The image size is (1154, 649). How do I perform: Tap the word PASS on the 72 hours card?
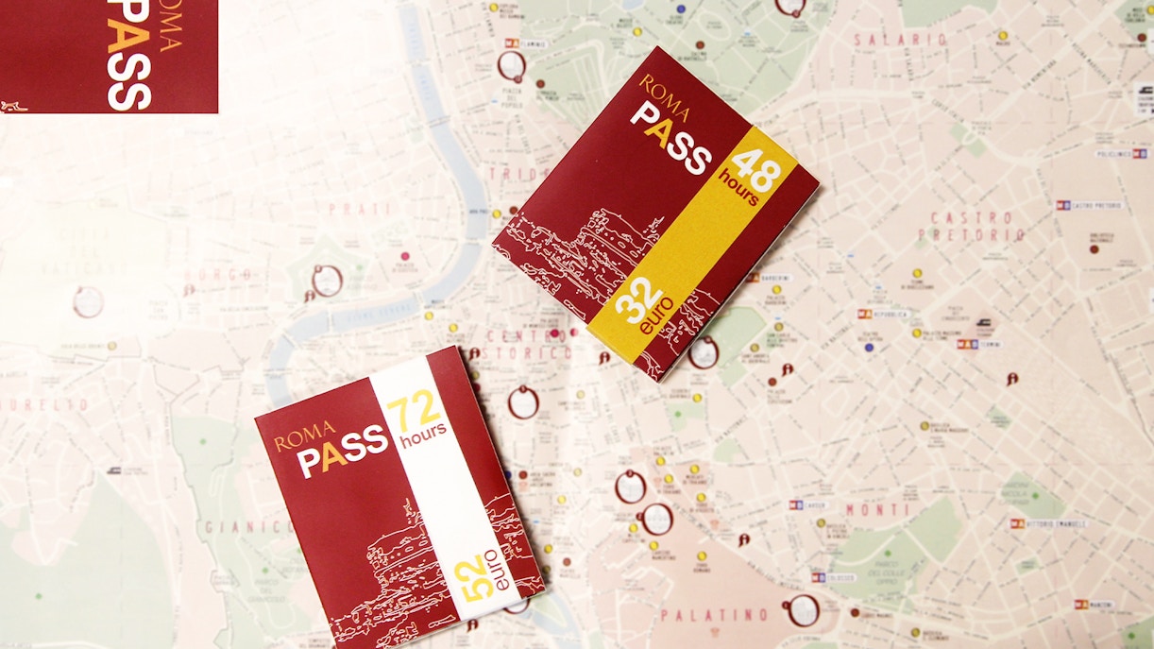pos(343,452)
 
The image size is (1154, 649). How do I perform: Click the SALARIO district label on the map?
pos(900,40)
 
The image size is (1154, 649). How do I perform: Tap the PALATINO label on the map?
pos(714,615)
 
